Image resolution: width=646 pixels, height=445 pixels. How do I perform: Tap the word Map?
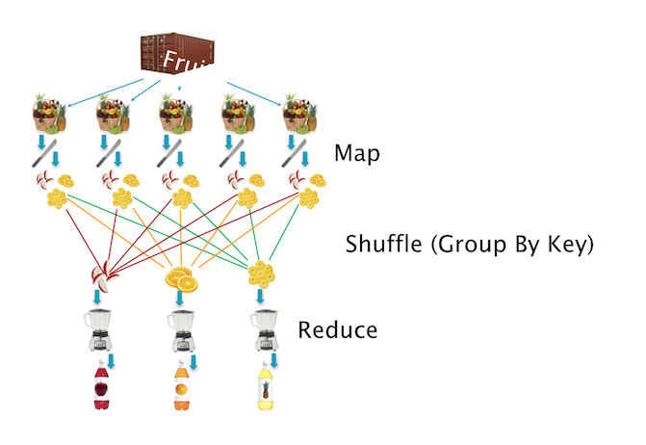pos(357,152)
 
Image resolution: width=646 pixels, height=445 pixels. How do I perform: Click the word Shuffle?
pos(383,244)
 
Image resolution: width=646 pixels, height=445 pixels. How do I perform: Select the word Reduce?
pos(338,330)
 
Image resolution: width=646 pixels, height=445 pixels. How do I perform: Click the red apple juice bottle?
pos(102,389)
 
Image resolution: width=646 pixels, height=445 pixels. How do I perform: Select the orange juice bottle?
pos(181,389)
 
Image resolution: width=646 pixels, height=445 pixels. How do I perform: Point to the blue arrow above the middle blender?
pos(178,299)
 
